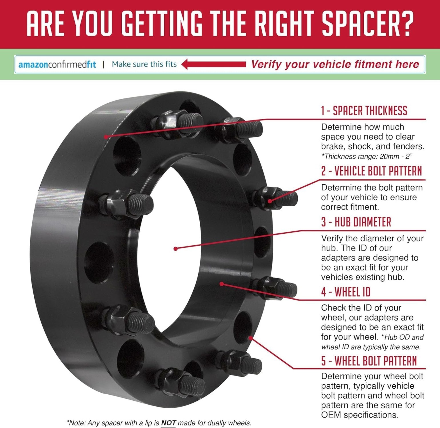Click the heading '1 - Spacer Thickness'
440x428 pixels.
pyautogui.click(x=364, y=111)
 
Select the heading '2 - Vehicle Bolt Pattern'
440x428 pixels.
pyautogui.click(x=371, y=171)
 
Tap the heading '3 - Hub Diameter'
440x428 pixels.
pyautogui.click(x=356, y=222)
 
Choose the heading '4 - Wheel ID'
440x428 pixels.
pyautogui.click(x=346, y=292)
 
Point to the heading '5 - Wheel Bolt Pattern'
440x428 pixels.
pyautogui.click(x=369, y=361)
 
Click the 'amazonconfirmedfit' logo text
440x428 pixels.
pyautogui.click(x=57, y=64)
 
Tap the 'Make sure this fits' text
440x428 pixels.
pyautogui.click(x=144, y=64)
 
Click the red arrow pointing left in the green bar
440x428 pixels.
pyautogui.click(x=214, y=64)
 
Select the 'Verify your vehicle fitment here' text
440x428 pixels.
pyautogui.click(x=335, y=64)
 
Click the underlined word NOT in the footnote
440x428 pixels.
pyautogui.click(x=168, y=423)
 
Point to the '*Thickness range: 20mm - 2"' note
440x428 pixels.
pyautogui.click(x=367, y=156)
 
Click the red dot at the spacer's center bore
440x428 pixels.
pyautogui.click(x=175, y=249)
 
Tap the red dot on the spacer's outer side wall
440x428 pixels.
pyautogui.click(x=106, y=137)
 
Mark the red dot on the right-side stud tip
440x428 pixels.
pyautogui.click(x=270, y=201)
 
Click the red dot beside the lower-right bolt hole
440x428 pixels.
pyautogui.click(x=250, y=338)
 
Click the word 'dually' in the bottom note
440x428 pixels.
pyautogui.click(x=217, y=423)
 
